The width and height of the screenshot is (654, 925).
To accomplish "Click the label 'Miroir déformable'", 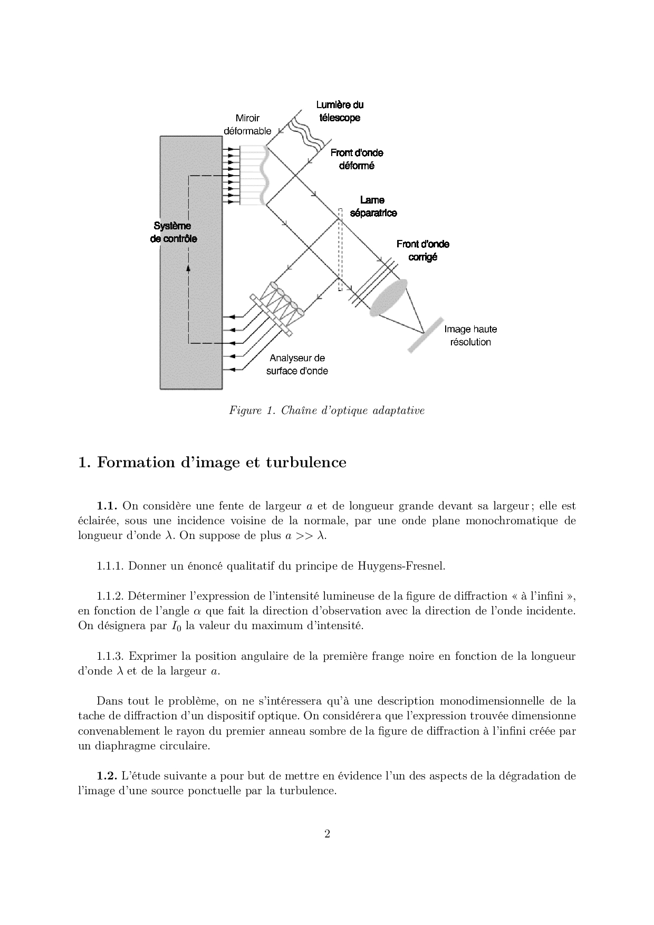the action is (247, 124).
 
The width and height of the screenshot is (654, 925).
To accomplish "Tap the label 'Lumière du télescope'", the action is (340, 111).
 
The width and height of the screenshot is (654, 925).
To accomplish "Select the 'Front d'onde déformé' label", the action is (357, 159).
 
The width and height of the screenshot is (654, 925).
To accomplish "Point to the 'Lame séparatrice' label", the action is (373, 206).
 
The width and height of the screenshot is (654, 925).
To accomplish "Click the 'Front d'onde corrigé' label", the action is (423, 250).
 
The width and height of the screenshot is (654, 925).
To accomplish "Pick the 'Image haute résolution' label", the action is (470, 335).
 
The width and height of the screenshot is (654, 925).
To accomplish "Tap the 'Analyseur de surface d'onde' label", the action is (297, 364).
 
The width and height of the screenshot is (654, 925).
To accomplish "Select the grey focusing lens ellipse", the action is (389, 298).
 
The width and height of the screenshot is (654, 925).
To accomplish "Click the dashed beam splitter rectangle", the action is (340, 249).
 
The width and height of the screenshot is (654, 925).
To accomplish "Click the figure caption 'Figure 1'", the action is (248, 410).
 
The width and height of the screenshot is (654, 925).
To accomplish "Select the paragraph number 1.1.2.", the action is (110, 596).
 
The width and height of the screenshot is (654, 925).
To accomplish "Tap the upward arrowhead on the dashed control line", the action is (188, 268).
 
